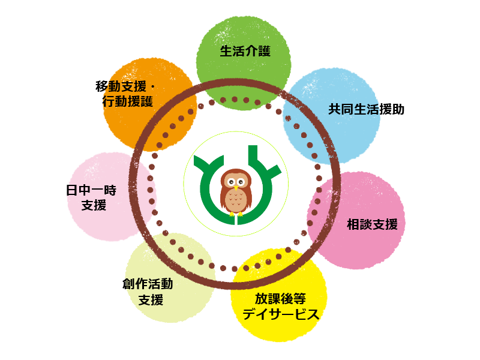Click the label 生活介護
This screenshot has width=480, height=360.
245,51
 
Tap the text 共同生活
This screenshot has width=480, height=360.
354,109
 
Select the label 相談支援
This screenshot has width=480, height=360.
372,224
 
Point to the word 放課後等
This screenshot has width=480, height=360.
280,298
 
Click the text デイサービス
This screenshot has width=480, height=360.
280,314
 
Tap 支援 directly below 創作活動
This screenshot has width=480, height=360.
151,300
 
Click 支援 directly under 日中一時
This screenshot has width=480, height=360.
94,205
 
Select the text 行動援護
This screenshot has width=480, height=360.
127,101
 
